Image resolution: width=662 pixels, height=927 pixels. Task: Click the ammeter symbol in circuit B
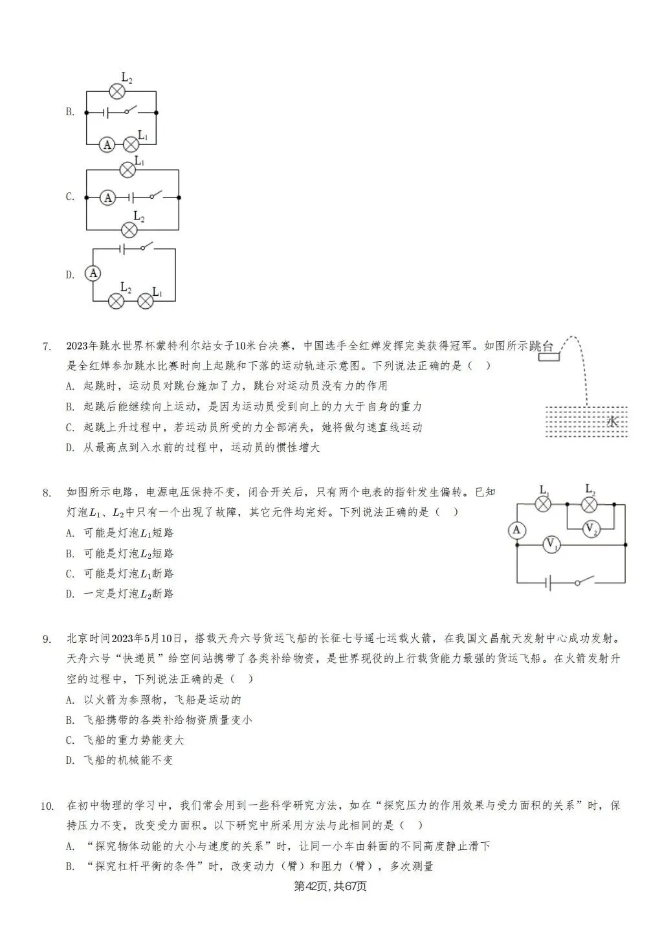tap(107, 144)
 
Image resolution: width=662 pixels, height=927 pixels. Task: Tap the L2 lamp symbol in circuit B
tap(116, 91)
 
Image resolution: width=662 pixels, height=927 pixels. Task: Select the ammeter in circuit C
tap(109, 197)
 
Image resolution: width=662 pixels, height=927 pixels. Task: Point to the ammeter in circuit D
tap(93, 274)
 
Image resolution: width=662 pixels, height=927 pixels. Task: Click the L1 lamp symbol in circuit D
tap(146, 300)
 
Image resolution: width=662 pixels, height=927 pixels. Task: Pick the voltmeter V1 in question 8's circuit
tap(551, 545)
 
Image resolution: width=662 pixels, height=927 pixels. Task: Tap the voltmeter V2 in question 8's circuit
tap(590, 529)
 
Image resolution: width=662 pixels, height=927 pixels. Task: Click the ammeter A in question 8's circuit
tap(516, 530)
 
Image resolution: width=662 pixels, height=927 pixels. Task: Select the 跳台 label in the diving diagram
tap(543, 346)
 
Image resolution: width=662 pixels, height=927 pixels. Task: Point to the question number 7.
tap(46, 346)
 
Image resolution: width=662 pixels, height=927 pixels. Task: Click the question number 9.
tap(46, 640)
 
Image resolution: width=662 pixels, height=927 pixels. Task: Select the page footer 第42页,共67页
tap(330, 886)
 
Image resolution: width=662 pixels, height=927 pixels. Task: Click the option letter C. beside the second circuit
tap(70, 197)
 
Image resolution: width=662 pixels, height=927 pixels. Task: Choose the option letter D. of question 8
tap(70, 594)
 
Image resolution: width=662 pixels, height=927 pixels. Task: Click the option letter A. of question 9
tap(70, 700)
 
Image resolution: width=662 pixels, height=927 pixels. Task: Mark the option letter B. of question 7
tap(70, 407)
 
